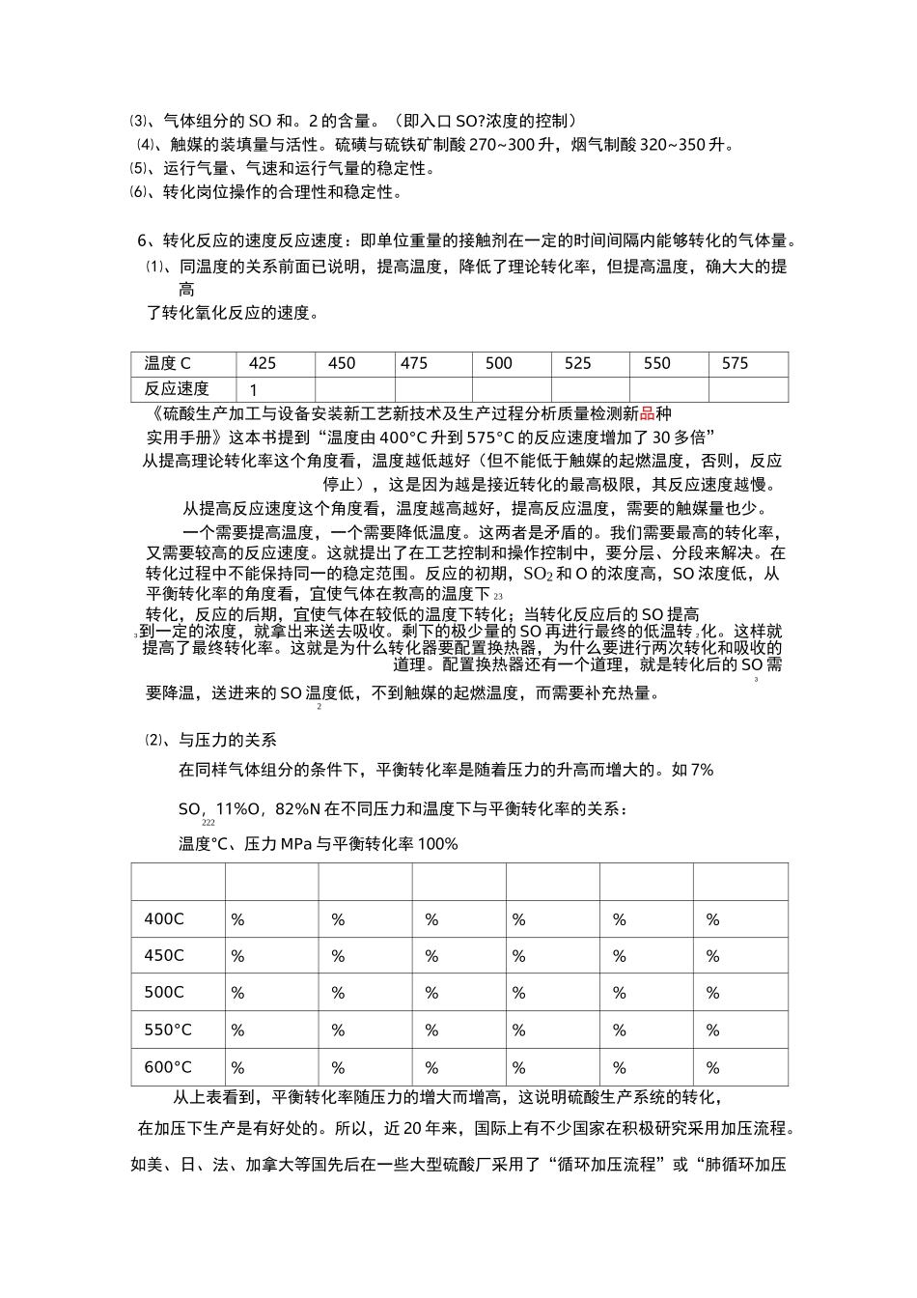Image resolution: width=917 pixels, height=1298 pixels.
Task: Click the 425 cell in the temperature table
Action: (263, 364)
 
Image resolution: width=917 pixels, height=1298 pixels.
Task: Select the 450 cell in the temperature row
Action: (342, 364)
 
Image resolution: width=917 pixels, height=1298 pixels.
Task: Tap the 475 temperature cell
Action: (414, 364)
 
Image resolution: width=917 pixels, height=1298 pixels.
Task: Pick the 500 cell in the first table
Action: (499, 364)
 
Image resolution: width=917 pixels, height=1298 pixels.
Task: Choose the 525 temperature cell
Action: (578, 364)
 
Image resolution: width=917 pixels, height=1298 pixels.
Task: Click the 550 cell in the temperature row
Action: (657, 364)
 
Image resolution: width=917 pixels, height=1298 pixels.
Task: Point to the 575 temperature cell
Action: (736, 364)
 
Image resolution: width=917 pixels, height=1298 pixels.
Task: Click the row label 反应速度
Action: (177, 389)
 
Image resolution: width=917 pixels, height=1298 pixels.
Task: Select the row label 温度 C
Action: (168, 364)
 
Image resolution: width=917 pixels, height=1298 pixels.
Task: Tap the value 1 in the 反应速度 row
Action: (254, 390)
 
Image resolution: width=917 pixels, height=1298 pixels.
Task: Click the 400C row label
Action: (164, 919)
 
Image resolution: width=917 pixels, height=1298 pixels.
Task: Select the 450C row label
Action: (164, 956)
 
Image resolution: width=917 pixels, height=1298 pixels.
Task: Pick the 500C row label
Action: (164, 993)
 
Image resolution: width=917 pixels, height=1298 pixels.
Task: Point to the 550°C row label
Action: (168, 1030)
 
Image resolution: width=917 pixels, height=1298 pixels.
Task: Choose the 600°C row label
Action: (168, 1067)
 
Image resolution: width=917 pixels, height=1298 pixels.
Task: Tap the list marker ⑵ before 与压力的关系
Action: (154, 741)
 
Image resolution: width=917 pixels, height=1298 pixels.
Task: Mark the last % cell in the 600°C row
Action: (713, 1068)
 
